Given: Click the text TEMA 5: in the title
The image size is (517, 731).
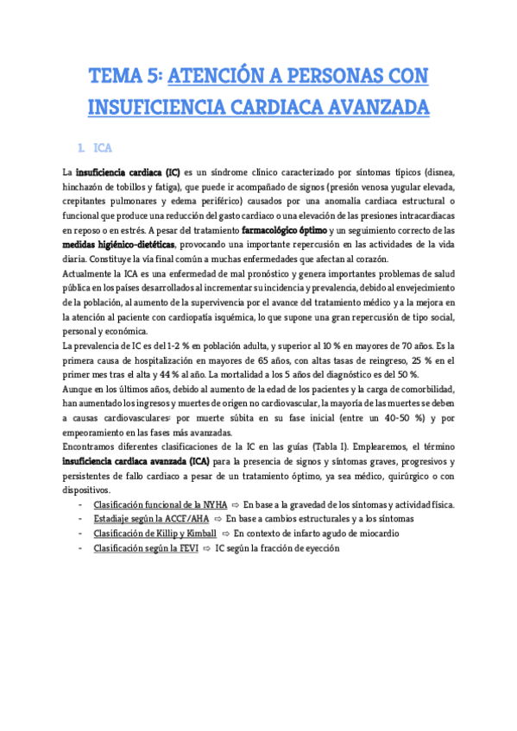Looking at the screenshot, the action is click(x=124, y=77).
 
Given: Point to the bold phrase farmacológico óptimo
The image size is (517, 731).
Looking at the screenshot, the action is click(x=284, y=230).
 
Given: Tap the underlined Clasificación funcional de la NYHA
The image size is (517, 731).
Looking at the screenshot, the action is click(x=167, y=504).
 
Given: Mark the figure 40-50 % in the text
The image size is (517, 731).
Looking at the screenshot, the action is click(x=379, y=418).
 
